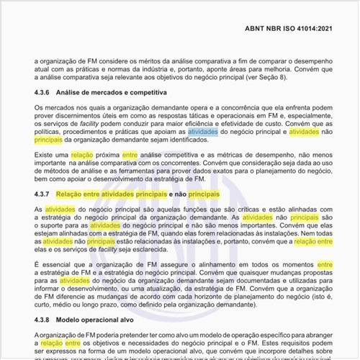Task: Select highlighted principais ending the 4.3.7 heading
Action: (x=204, y=194)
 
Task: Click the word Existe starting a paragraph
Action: (x=45, y=155)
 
